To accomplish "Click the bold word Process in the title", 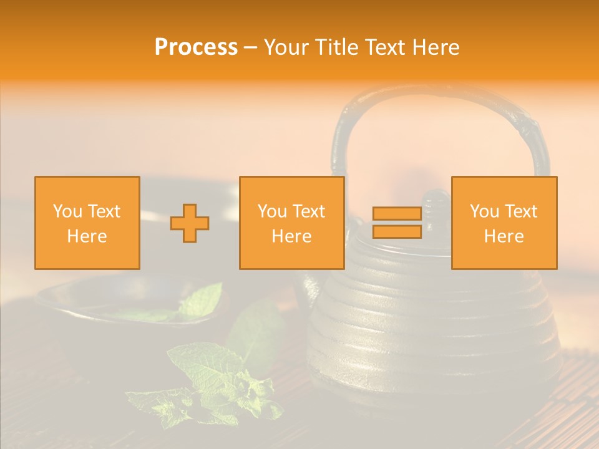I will [196, 47].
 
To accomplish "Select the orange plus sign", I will [190, 223].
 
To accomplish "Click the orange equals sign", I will [397, 223].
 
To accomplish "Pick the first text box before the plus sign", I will [87, 223].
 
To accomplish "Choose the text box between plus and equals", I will [291, 223].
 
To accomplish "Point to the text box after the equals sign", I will [504, 223].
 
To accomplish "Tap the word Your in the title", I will [284, 47].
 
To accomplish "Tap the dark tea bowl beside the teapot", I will [94, 324].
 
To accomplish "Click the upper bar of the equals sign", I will [397, 214].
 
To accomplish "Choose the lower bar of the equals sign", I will [397, 231].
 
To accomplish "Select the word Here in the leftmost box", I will [87, 236].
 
